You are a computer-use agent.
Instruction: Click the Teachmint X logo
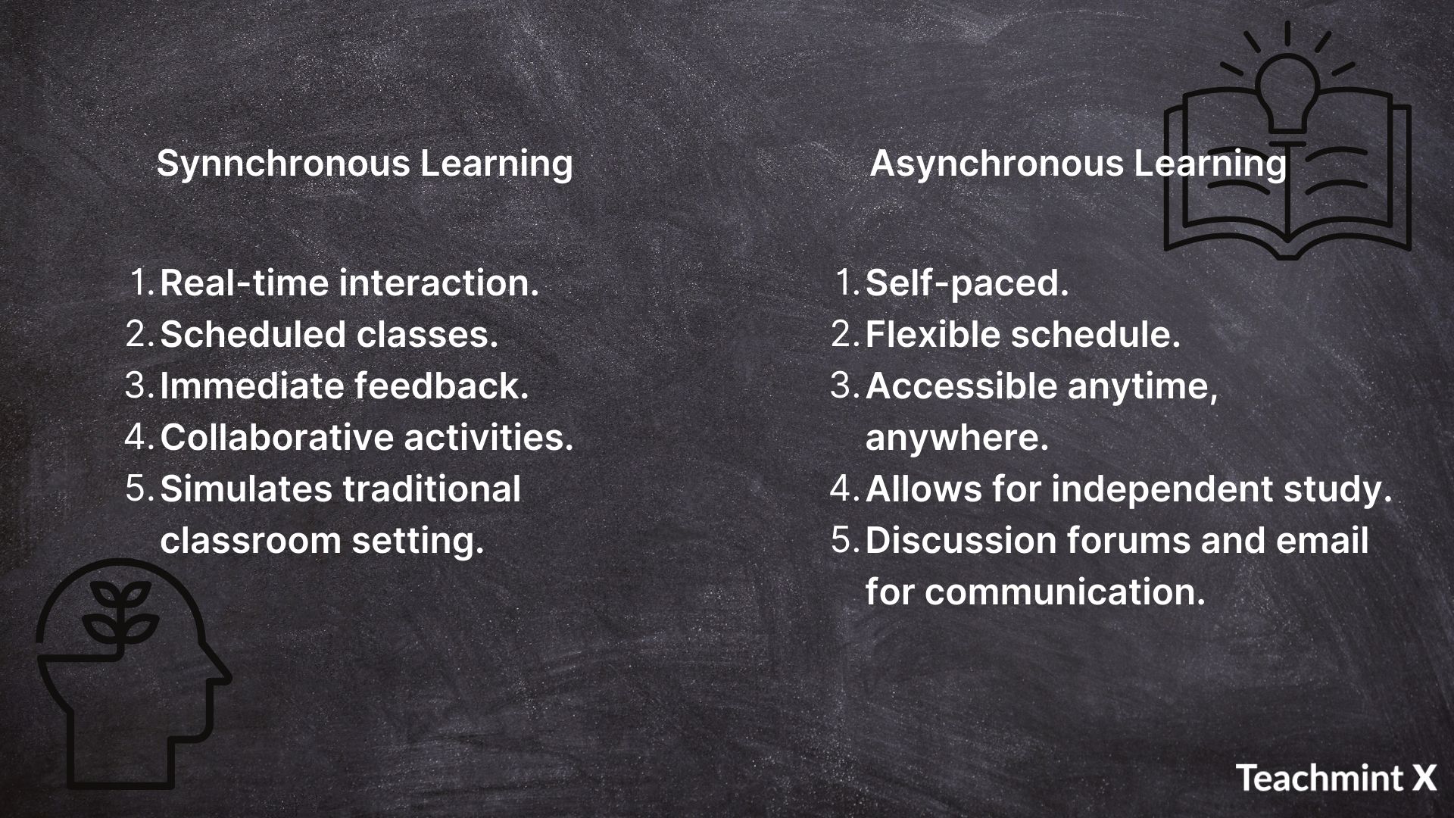(1337, 778)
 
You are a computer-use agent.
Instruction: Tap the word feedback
(442, 386)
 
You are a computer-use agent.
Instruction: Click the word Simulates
(246, 489)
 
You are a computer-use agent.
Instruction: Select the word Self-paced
(966, 284)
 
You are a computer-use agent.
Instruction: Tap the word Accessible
(961, 386)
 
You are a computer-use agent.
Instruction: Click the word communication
(1065, 592)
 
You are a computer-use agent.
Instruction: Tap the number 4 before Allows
(844, 489)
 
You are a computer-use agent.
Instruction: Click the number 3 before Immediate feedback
(139, 386)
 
